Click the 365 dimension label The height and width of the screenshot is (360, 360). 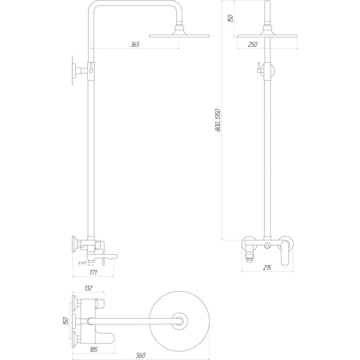pos(135,44)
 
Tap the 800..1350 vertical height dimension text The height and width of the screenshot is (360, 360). pos(218,120)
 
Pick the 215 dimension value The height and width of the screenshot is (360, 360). pos(266,268)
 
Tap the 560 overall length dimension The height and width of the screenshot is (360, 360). pos(140,355)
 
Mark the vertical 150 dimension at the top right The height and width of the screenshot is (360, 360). pos(230,18)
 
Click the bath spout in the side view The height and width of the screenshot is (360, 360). pos(108,257)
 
